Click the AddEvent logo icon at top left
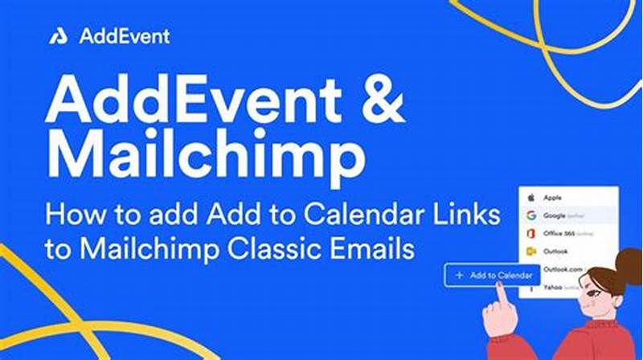tap(58, 36)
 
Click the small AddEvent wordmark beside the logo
tap(124, 36)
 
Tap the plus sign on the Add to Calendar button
tap(459, 276)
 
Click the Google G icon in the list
tap(531, 216)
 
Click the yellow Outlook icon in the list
tap(531, 250)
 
